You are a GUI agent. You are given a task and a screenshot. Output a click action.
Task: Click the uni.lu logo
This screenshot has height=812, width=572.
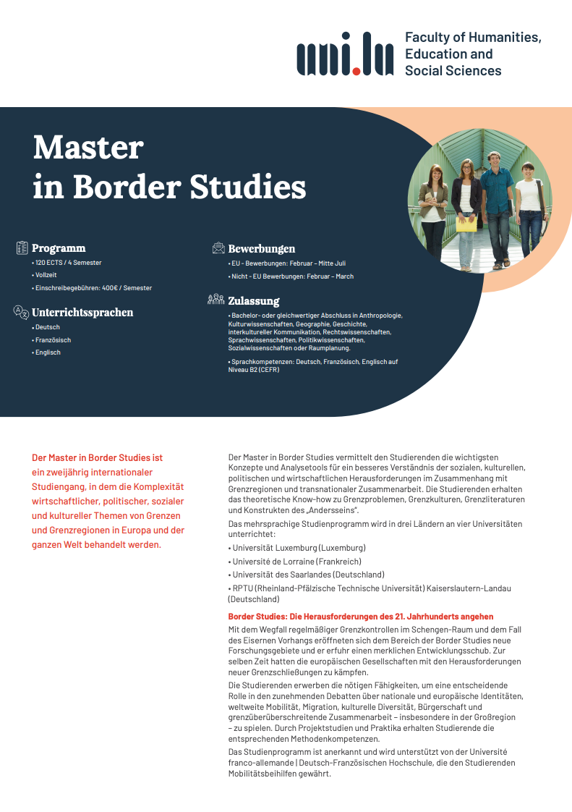coord(345,54)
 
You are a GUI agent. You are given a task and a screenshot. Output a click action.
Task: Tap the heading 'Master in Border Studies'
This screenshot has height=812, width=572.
coord(169,167)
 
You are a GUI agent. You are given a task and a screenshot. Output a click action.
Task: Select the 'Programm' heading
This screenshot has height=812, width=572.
coord(59,248)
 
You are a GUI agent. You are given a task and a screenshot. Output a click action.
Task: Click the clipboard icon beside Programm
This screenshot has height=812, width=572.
coord(22,248)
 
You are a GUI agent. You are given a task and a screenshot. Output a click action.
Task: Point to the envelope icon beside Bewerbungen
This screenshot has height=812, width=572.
coord(218,248)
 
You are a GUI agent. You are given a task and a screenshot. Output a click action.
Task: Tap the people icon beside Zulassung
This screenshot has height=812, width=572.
coord(216,300)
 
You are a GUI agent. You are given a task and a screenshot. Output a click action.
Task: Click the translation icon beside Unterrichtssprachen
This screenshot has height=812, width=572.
coord(22,313)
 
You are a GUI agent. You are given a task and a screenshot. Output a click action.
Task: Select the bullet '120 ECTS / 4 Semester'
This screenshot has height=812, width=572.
coord(69,263)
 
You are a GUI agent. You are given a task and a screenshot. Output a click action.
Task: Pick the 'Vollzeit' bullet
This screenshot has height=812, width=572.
coord(46,275)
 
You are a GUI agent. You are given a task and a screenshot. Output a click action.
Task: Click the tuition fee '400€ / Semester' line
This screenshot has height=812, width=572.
coord(93,288)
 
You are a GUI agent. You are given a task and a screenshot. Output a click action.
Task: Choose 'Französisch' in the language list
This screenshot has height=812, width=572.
coord(53,340)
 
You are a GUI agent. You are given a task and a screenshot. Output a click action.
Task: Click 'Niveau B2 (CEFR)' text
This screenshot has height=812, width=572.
coord(253,370)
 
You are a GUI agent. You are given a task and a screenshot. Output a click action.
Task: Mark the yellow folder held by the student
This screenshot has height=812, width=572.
coord(467,224)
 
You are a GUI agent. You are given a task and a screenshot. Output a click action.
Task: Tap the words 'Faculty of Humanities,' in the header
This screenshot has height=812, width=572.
coord(473,37)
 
